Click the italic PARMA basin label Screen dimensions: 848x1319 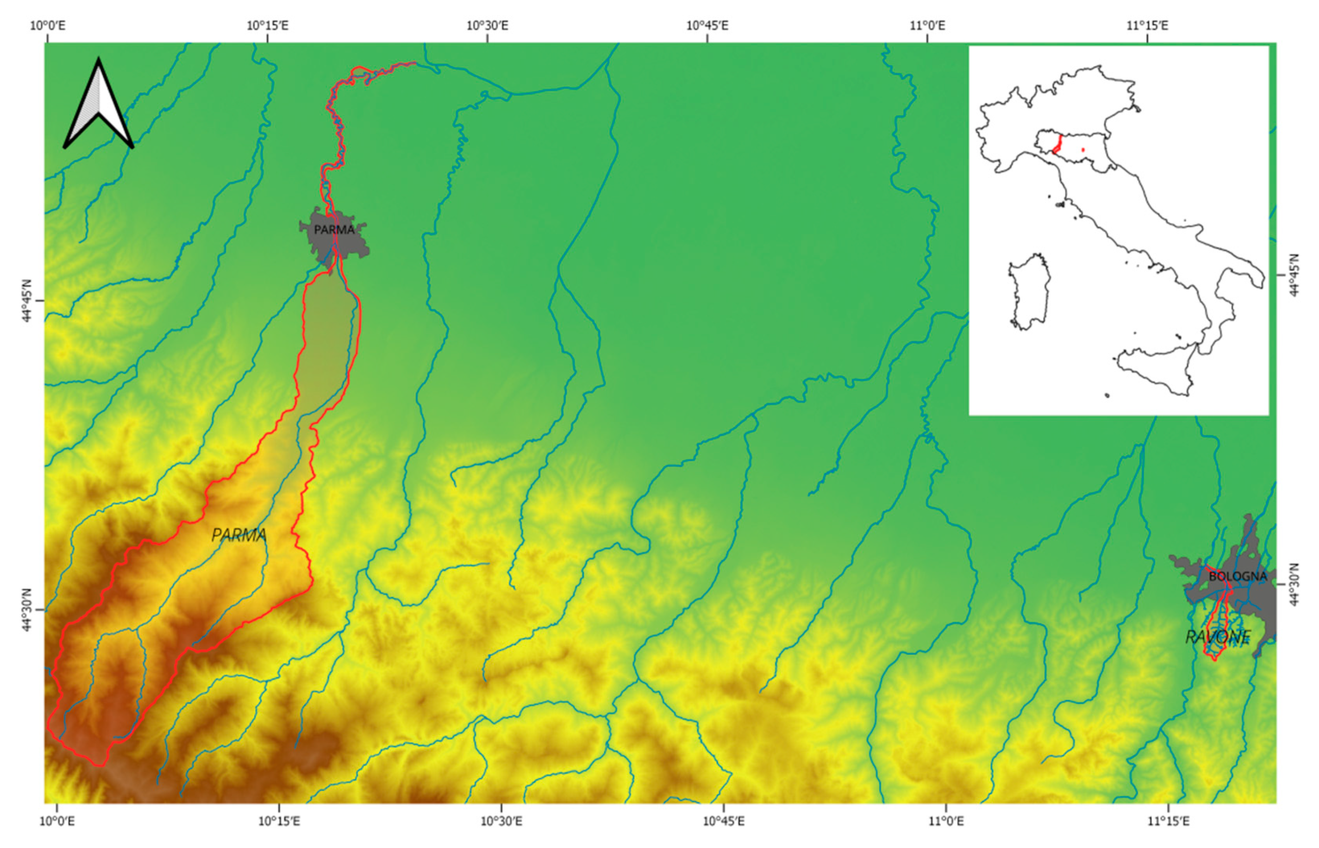(239, 535)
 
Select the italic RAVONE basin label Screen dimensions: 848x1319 (1218, 637)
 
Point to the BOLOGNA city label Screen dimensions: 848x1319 (1238, 577)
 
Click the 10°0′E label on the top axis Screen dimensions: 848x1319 (48, 25)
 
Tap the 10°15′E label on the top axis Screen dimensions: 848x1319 (268, 25)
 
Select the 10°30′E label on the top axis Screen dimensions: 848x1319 (487, 25)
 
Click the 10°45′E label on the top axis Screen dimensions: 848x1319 (707, 25)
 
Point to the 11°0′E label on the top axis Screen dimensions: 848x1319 (927, 25)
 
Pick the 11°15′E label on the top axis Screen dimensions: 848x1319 (1147, 25)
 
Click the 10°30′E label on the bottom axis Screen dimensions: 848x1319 (502, 821)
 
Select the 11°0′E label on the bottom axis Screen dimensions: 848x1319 (946, 821)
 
